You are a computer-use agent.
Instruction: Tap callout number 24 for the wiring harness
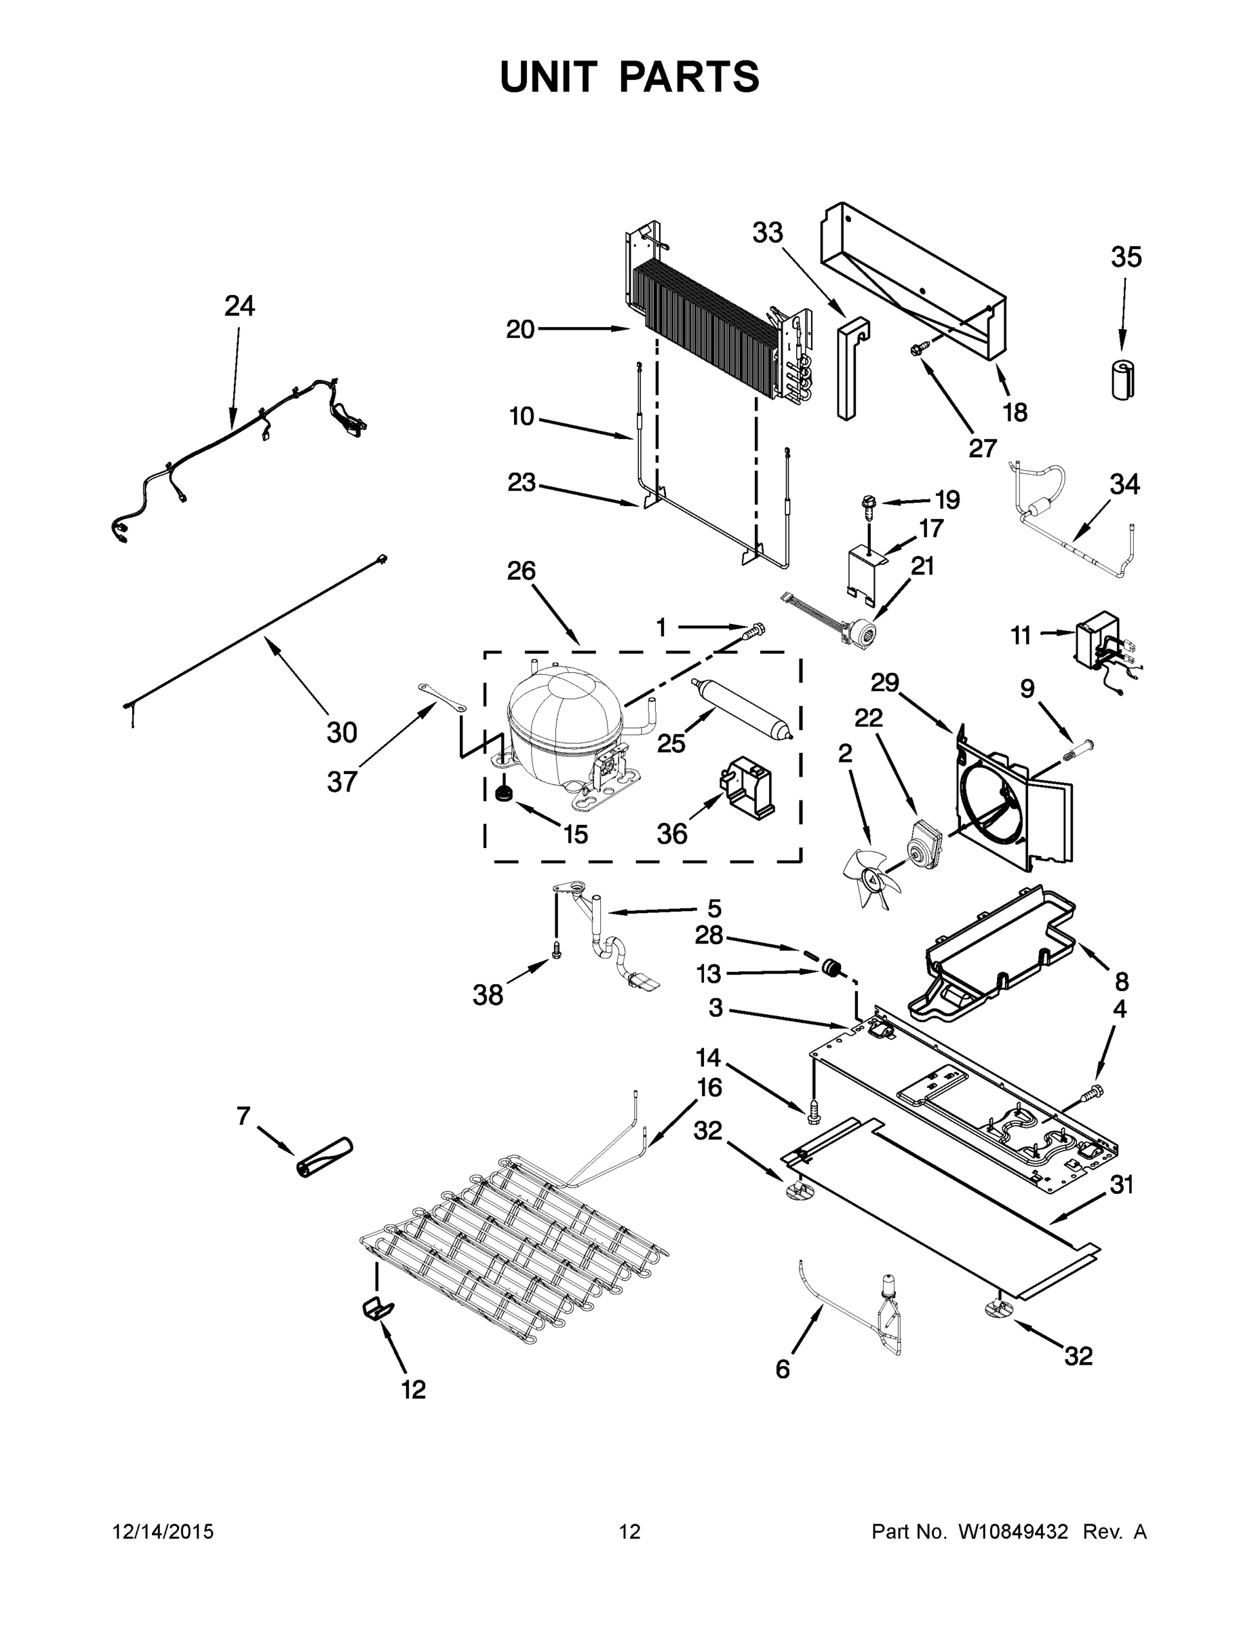239,306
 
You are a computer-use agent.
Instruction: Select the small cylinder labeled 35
1123,379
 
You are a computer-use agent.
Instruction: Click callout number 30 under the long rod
341,732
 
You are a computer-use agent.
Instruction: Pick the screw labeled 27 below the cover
920,347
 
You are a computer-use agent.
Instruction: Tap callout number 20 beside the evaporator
520,329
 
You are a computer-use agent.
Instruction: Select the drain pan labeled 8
999,947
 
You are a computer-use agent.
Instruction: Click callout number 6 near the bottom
782,1369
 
